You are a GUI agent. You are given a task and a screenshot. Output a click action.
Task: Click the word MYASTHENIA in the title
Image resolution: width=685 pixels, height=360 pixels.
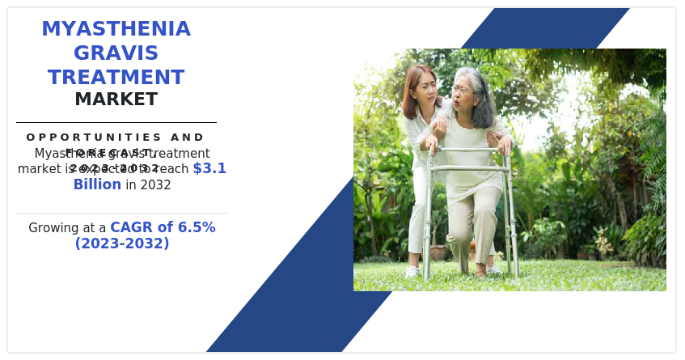[x=116, y=29]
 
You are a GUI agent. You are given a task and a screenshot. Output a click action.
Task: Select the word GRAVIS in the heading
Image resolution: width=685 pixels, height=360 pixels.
[x=116, y=53]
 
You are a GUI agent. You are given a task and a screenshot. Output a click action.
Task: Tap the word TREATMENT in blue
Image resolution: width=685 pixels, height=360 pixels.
[x=116, y=78]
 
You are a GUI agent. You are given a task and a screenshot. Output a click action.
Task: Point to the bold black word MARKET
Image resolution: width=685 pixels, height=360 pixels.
[x=116, y=100]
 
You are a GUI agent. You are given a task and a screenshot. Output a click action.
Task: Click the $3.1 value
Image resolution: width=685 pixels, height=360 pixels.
[x=209, y=168]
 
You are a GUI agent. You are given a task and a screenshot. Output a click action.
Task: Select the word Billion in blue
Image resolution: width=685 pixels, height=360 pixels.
[x=97, y=184]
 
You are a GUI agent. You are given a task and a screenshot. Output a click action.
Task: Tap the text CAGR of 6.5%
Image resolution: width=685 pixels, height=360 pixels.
[x=163, y=227]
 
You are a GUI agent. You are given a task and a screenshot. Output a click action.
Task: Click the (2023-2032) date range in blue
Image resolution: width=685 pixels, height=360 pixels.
[x=122, y=244]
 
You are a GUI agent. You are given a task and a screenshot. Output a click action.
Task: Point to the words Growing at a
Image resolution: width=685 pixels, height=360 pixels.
[x=67, y=228]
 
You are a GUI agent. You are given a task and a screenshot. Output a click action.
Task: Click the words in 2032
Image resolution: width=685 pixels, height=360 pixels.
[x=148, y=184]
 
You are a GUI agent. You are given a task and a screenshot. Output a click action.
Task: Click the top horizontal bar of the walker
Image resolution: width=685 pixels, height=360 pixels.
[x=467, y=150]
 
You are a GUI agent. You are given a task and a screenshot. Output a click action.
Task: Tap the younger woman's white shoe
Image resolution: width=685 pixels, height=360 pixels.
[x=412, y=271]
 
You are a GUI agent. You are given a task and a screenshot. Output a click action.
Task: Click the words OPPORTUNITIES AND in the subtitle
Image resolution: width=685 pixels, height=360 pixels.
[x=116, y=138]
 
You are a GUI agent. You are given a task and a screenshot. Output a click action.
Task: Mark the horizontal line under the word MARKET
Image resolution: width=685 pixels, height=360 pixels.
[x=116, y=122]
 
